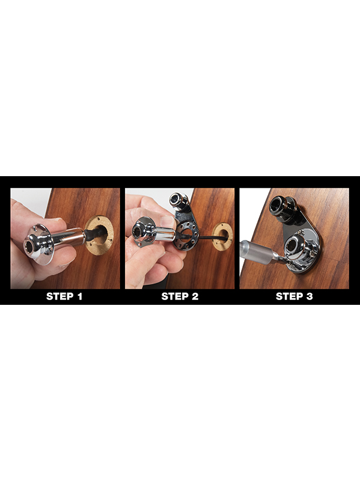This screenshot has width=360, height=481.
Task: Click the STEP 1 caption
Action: tap(64, 296)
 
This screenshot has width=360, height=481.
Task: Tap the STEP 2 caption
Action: tap(180, 296)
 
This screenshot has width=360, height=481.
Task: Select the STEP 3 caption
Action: tap(294, 296)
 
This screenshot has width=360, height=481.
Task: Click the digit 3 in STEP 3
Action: tap(309, 296)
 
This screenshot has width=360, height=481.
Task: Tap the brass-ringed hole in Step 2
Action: tap(222, 236)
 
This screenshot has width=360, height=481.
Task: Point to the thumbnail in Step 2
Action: tap(168, 220)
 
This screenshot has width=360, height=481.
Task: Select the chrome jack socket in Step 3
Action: tap(299, 245)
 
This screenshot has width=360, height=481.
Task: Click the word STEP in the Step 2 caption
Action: tap(174, 296)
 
